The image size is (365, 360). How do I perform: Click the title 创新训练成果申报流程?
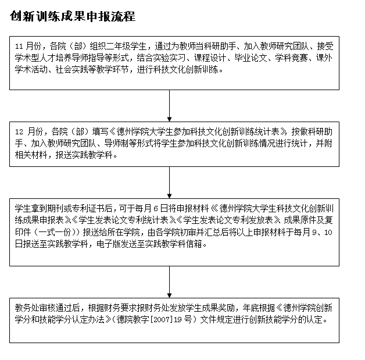(x=73, y=17)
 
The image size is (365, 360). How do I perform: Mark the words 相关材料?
(x=32, y=156)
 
